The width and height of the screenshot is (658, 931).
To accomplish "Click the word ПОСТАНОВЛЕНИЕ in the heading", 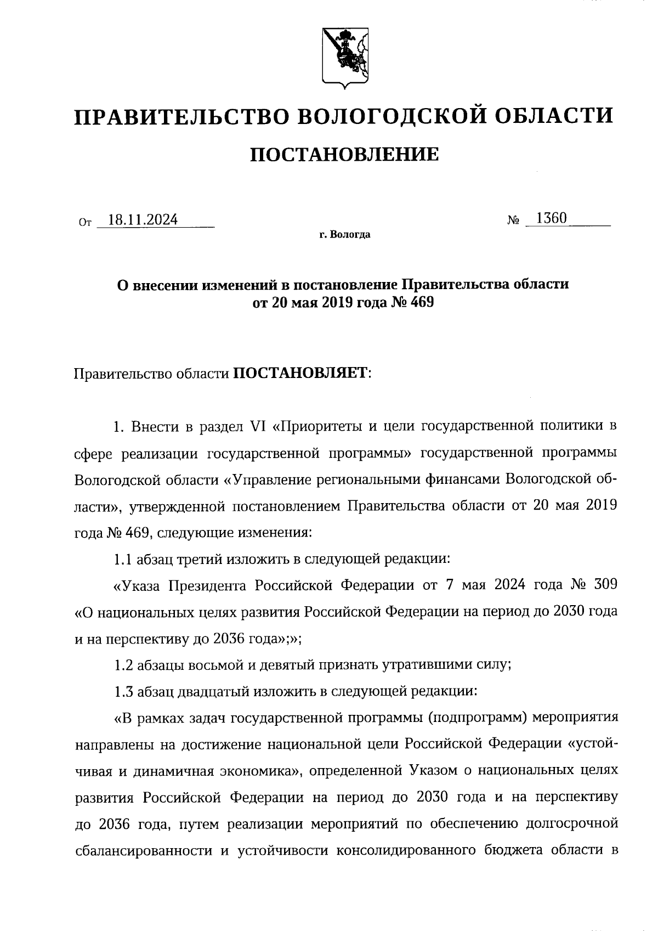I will click(x=344, y=155).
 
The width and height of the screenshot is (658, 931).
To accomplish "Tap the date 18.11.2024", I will click(x=143, y=221).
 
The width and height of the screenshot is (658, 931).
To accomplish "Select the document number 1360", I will click(x=552, y=218).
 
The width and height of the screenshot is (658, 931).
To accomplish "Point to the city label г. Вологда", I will click(x=345, y=235).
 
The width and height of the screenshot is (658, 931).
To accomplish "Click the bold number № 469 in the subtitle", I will click(x=412, y=302).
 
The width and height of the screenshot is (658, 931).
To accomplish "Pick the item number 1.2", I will click(x=123, y=665).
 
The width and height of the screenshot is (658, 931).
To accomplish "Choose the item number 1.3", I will click(x=123, y=691).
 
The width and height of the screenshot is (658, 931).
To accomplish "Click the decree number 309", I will click(x=605, y=585).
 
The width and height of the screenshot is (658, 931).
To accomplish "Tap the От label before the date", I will click(x=85, y=223).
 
